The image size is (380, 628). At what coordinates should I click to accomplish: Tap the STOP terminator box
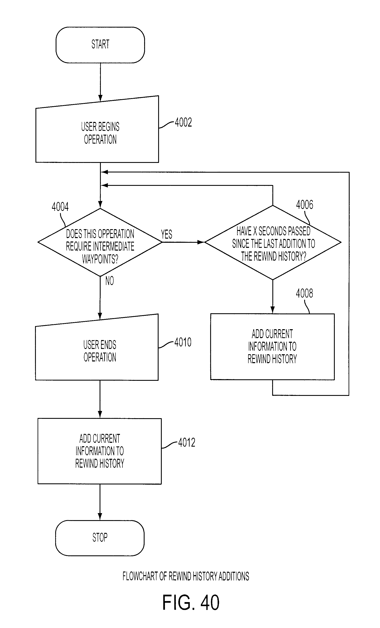tap(100, 538)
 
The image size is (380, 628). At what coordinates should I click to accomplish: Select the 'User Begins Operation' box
tap(97, 132)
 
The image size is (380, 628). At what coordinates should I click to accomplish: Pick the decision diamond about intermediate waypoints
tap(100, 242)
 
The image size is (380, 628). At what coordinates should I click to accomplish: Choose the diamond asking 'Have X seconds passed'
tap(273, 242)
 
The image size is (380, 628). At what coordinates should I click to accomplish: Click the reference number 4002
tap(183, 123)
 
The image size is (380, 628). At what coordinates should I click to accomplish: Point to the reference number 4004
tap(60, 207)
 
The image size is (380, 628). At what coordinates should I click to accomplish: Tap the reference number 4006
tap(305, 205)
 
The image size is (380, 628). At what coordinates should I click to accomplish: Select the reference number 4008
tap(304, 293)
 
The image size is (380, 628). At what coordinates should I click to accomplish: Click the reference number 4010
tap(183, 342)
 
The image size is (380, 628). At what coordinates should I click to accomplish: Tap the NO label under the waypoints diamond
tap(110, 281)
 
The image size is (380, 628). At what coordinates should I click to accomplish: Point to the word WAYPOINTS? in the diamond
tap(100, 259)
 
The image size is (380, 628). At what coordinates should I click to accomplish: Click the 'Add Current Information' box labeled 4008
tap(272, 347)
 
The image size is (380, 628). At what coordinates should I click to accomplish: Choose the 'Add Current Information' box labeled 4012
tap(100, 451)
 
